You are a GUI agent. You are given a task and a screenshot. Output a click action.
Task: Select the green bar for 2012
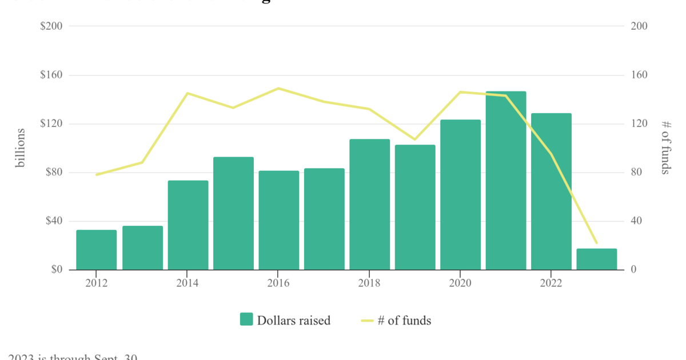97,250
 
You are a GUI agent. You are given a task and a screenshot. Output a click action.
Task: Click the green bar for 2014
188,225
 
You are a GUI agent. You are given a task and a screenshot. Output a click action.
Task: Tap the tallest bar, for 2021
506,181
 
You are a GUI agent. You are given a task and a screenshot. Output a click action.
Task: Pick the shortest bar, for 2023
597,259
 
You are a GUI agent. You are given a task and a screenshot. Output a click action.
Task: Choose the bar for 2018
370,205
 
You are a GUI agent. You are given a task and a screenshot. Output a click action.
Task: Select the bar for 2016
279,220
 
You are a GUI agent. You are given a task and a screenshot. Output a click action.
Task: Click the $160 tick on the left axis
51,75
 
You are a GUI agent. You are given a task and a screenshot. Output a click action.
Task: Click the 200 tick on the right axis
639,26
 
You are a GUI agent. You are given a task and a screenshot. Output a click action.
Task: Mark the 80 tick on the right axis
637,173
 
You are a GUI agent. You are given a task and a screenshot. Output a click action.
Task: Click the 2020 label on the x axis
460,283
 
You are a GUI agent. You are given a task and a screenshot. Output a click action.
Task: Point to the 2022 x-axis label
551,283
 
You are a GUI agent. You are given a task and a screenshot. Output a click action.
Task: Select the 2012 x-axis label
97,283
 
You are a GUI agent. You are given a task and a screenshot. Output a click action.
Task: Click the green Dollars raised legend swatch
246,320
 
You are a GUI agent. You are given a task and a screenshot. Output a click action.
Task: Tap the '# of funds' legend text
404,321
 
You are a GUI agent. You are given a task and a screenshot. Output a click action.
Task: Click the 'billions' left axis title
21,148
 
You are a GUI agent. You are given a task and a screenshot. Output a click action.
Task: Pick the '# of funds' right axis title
665,148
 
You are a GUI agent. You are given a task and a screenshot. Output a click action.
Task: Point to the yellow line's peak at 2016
278,89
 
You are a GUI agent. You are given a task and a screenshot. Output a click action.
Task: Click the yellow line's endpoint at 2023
596,243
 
